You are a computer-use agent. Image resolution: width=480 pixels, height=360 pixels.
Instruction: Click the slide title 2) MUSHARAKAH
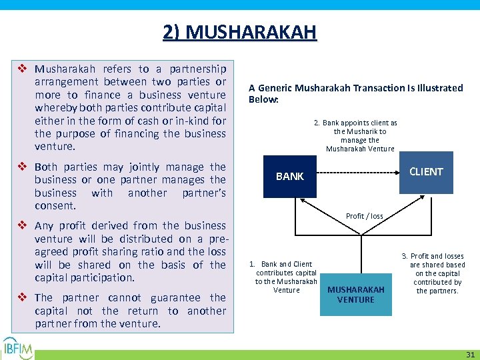pyautogui.click(x=240, y=31)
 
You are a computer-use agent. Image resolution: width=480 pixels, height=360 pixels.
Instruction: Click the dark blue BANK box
pyautogui.click(x=289, y=176)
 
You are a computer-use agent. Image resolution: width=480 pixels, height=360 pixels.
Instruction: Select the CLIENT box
pyautogui.click(x=426, y=172)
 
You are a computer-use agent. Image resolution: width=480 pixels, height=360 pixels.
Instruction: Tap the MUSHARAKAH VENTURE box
pyautogui.click(x=355, y=295)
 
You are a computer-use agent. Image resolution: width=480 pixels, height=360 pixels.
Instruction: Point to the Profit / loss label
pyautogui.click(x=364, y=216)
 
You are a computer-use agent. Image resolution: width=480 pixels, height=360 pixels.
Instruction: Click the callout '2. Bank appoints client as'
pyautogui.click(x=360, y=136)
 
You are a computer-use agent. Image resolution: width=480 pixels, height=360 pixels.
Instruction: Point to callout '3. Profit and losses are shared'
pyautogui.click(x=437, y=273)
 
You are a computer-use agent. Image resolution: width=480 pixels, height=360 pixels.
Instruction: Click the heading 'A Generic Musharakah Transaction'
pyautogui.click(x=355, y=93)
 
